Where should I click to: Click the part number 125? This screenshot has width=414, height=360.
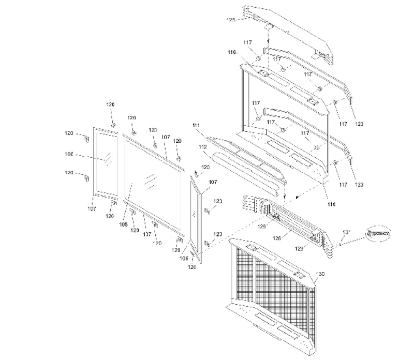click(231, 20)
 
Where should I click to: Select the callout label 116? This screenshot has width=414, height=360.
click(231, 52)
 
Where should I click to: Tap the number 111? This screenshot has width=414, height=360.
click(195, 126)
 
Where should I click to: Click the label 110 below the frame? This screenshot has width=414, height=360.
click(331, 204)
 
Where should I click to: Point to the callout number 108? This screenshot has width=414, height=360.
click(124, 226)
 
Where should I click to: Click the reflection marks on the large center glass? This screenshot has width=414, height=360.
click(150, 179)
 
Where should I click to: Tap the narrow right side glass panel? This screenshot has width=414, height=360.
click(196, 215)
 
